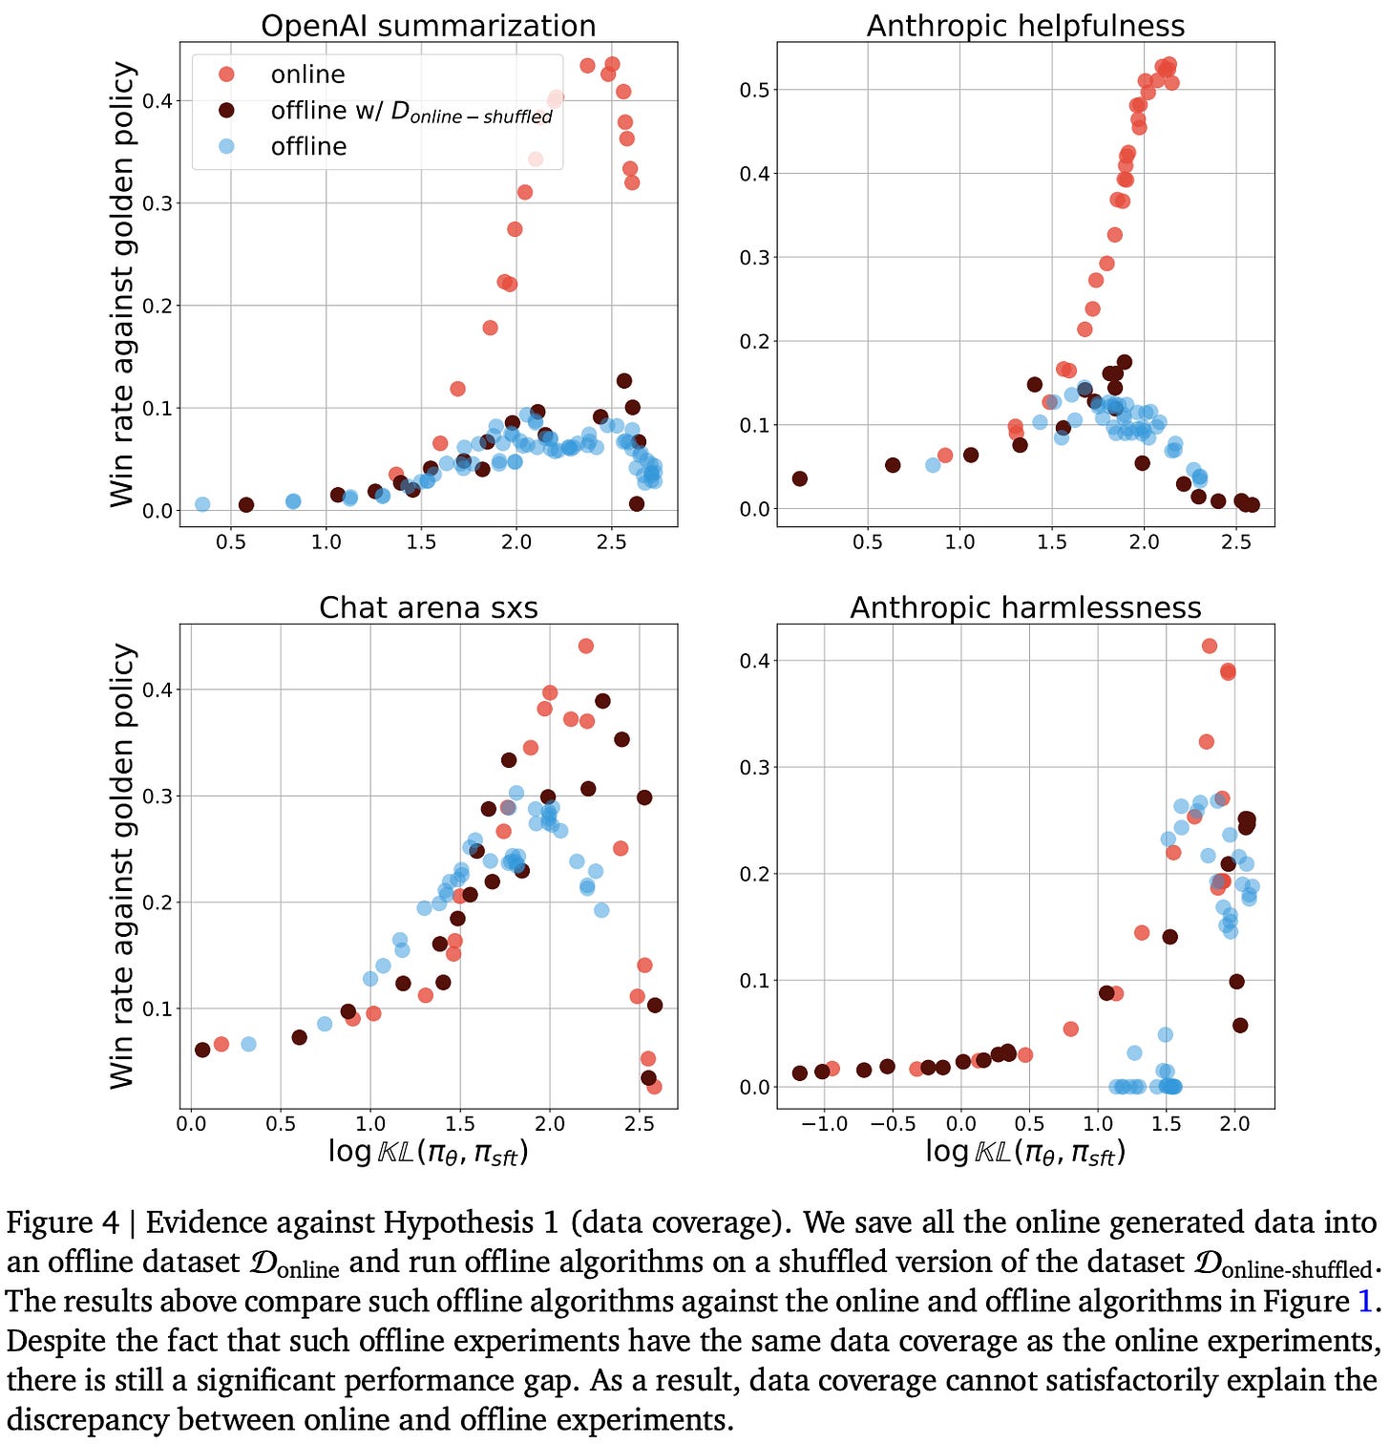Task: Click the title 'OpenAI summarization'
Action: [429, 26]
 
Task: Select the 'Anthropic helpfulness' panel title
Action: [1025, 26]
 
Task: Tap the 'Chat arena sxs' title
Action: [429, 607]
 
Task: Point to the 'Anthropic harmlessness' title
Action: [1025, 607]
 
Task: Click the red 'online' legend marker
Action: [226, 74]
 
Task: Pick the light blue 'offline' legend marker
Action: [226, 146]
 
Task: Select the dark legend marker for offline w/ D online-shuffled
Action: [226, 111]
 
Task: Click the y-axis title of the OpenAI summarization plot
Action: [122, 285]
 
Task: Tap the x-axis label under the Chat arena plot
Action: [429, 1153]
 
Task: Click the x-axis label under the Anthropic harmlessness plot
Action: [1025, 1153]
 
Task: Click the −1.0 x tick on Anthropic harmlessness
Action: [824, 1124]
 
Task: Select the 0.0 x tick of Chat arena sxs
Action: [191, 1124]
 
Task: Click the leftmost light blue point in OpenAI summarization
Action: [202, 504]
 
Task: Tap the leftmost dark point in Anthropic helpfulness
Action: [800, 478]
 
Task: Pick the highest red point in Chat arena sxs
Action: [586, 647]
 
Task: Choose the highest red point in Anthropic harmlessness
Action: [1210, 647]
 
